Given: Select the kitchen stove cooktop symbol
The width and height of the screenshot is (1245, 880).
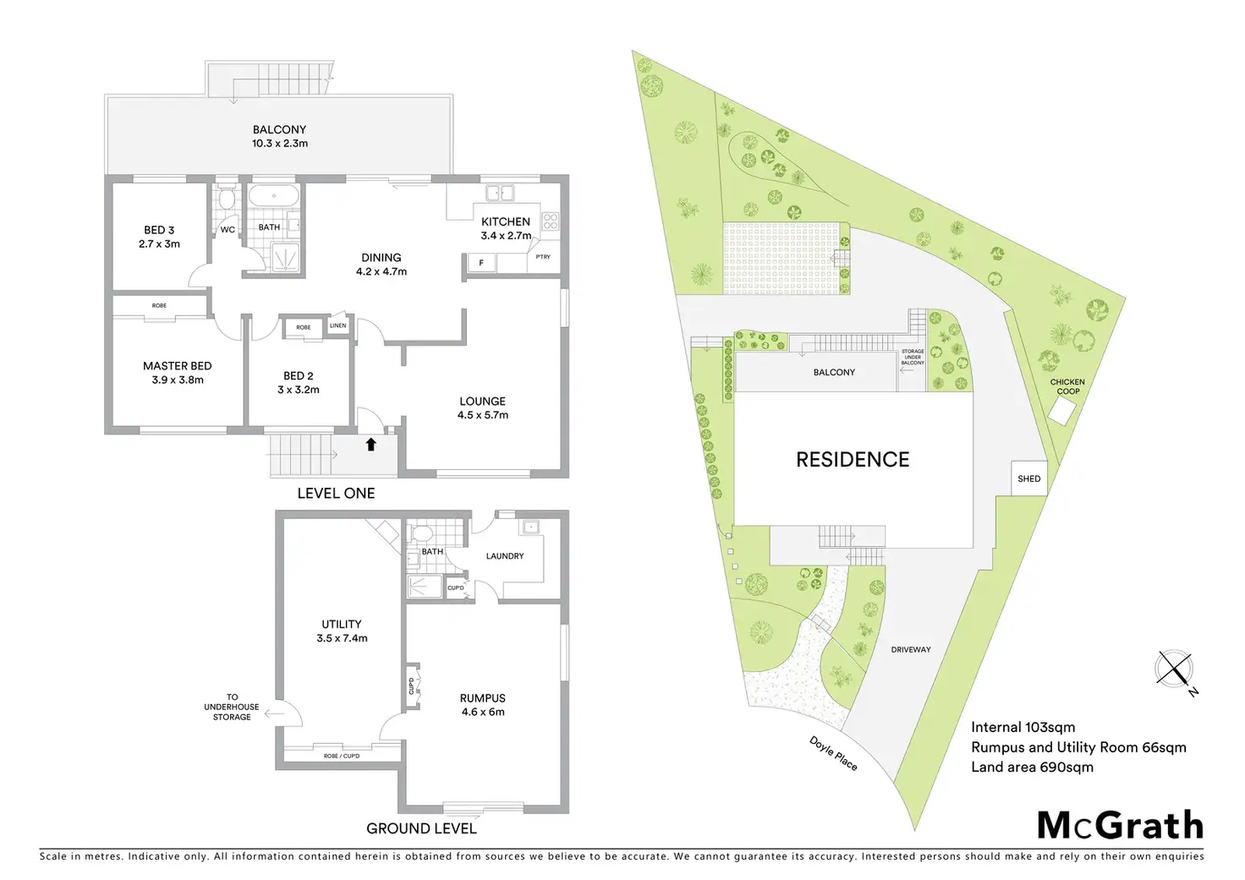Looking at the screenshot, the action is point(550,221).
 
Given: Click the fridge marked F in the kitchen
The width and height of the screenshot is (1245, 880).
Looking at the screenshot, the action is point(481,263).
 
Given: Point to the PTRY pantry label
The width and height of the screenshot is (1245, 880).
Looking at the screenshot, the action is point(542,257).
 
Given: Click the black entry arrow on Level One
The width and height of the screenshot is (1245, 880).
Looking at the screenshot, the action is point(370,444).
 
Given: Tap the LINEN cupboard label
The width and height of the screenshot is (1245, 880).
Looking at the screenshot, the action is point(337,325).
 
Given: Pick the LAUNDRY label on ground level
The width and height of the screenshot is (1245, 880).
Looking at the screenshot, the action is point(505,555).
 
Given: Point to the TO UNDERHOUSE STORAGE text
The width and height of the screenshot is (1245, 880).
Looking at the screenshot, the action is point(232,708).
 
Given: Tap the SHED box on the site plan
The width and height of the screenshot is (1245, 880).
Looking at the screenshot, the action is point(1029,478).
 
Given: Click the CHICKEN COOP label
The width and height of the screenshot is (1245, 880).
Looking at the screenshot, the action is point(1067,386).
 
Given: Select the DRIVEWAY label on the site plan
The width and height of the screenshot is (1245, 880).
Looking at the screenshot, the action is point(911,649).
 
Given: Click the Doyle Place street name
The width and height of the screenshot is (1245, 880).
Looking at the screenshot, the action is point(833,753).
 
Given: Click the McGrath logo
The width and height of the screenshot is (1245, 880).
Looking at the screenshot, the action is point(1120,825).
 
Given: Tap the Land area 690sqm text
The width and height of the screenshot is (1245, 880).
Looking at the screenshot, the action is point(1032,768).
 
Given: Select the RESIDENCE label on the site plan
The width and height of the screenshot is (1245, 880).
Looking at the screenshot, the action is point(853,460).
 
